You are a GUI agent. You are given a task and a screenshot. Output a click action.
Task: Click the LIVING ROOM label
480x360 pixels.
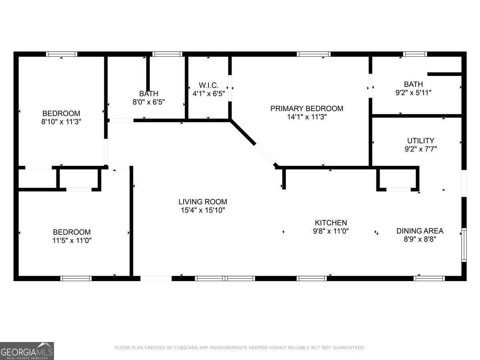pos(203,202)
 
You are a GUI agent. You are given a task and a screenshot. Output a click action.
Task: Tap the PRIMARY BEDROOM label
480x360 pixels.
pos(307,108)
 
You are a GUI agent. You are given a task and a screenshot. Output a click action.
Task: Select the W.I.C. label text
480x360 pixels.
pos(209,85)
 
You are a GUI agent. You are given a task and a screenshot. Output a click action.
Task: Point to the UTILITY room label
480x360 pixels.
pos(420,141)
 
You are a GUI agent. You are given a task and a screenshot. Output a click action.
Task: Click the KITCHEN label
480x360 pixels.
pos(331,223)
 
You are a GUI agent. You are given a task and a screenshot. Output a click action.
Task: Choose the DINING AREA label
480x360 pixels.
pos(420,231)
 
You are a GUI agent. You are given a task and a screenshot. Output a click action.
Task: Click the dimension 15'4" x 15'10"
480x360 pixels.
pos(203,210)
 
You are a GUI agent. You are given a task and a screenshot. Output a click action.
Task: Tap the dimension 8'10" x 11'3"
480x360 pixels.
pos(61,122)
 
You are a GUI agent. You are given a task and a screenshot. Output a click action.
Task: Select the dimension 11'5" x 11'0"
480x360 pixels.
pos(72,240)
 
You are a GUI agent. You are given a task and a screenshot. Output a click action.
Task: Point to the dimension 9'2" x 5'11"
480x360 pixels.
pos(413,93)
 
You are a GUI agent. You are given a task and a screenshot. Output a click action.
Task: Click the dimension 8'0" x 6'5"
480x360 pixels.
pos(149,102)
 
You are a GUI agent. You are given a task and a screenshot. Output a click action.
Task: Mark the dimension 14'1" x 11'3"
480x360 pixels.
pos(307,117)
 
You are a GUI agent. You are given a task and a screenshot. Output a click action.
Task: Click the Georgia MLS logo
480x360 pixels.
pos(27,351)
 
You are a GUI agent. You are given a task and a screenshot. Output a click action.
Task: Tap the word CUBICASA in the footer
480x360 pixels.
pos(186,348)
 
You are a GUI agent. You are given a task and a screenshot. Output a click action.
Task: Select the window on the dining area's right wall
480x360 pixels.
pos(464,244)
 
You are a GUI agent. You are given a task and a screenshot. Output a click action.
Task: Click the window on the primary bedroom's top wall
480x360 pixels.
pos(314,54)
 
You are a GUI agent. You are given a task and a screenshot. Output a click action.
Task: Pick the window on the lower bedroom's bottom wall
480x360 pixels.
pos(76,278)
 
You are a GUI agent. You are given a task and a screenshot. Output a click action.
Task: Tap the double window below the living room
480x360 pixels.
pos(225,278)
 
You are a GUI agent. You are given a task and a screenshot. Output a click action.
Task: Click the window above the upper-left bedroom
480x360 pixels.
pos(62,54)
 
